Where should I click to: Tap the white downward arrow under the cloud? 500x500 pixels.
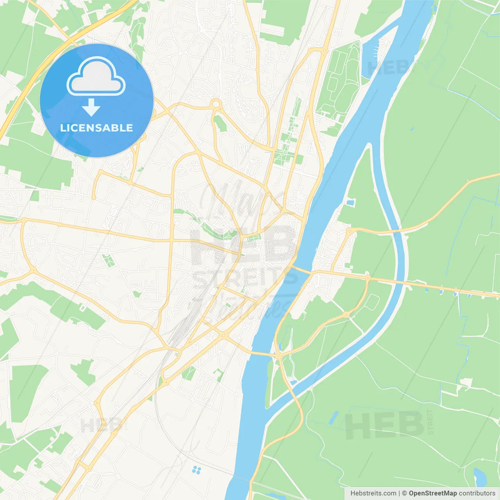91,107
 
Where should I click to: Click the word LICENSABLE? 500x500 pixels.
96,128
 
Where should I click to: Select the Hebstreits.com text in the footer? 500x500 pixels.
373,493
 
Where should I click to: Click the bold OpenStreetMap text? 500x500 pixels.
432,493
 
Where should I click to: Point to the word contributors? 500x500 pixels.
477,493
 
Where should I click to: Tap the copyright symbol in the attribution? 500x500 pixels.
405,493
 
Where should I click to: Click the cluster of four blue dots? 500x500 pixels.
196,470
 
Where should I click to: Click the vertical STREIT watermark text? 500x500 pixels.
430,422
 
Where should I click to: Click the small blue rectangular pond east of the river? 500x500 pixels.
350,202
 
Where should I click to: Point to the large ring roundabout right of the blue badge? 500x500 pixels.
216,104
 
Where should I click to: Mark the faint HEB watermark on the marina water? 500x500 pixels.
389,68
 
